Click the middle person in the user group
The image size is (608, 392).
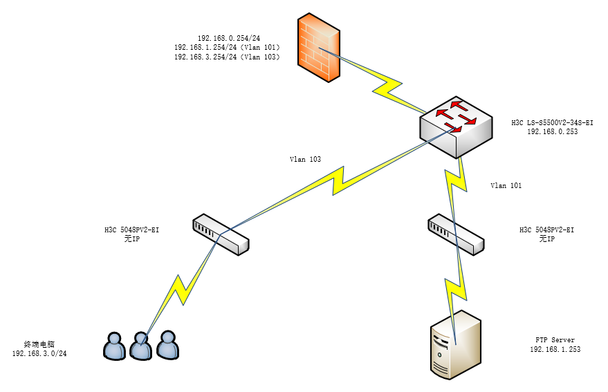(x=141, y=346)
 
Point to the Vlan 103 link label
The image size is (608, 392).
(x=305, y=159)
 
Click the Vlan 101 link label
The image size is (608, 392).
(x=506, y=185)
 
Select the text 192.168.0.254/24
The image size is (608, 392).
(x=228, y=38)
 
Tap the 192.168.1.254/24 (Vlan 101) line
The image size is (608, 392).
(x=227, y=48)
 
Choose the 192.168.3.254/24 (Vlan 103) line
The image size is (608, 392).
(x=227, y=57)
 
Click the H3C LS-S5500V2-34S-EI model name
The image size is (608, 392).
(x=552, y=122)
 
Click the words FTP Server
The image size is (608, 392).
(x=555, y=340)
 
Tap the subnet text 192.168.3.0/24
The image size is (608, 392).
(x=39, y=353)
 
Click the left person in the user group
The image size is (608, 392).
(x=114, y=346)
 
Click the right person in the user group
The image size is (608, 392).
(x=167, y=344)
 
